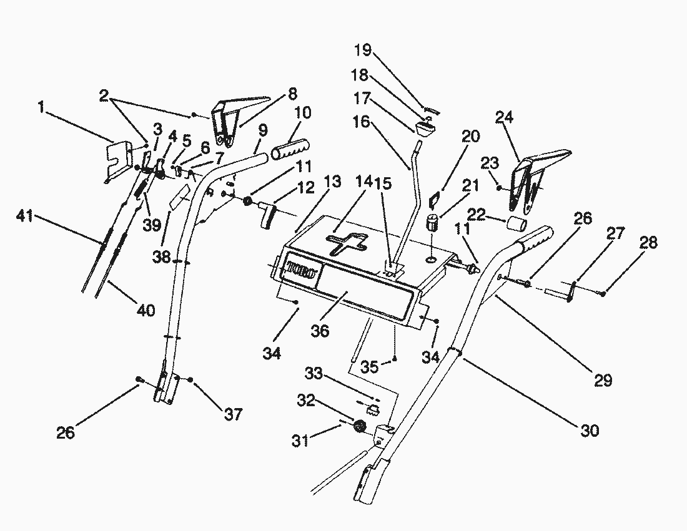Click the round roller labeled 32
pos(360,426)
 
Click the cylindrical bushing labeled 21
pos(432,222)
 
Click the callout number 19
pos(362,50)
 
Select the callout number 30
pos(589,430)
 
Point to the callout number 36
pos(320,331)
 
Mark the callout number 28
pos(649,243)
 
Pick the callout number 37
pos(233,414)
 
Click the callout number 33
pos(314,374)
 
